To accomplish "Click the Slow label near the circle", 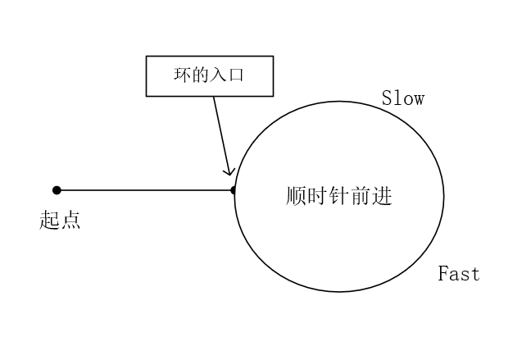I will [403, 99].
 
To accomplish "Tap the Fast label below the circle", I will [459, 274].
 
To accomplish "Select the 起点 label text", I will [60, 220].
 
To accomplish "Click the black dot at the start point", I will [57, 190].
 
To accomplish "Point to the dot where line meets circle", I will [234, 190].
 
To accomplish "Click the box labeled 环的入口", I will [209, 76].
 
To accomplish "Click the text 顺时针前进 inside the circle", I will [339, 197].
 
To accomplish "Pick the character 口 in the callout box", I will [238, 76].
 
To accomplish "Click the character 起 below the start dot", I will [50, 220].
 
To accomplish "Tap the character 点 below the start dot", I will [70, 220].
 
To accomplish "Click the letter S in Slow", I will [388, 99].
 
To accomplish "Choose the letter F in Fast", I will [443, 274].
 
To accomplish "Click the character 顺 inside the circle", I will [297, 197].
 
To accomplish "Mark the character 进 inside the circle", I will [382, 197].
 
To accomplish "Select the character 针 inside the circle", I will [339, 197].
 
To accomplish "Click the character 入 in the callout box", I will [219, 76].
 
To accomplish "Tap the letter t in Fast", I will [474, 274].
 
